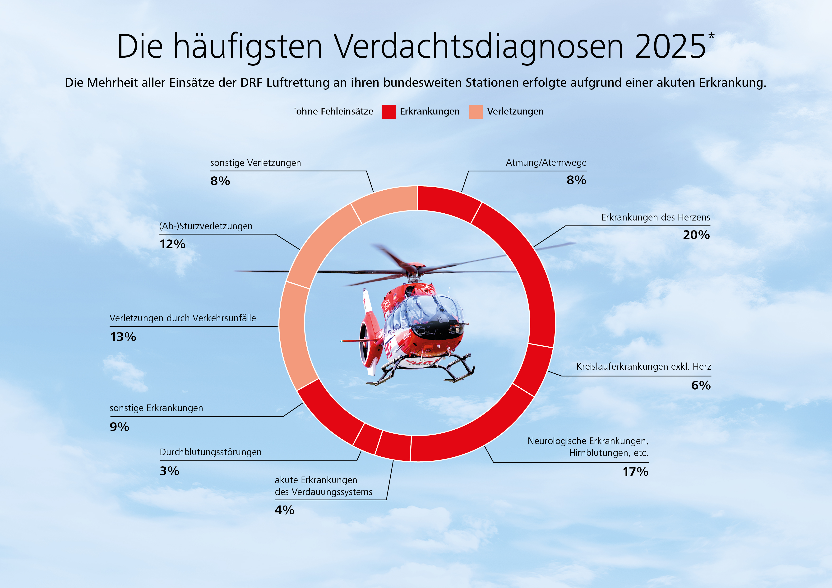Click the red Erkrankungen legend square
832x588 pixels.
point(388,112)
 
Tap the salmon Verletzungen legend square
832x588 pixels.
point(476,112)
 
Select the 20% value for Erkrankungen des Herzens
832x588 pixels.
point(696,235)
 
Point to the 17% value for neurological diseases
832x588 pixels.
point(635,472)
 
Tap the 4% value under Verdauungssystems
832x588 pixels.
point(284,510)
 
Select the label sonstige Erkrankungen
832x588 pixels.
point(156,408)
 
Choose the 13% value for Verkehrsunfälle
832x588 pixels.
point(123,337)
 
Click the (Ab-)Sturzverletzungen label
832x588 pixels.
point(206,226)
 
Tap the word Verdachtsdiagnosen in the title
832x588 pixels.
point(478,47)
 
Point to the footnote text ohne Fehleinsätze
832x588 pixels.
point(334,112)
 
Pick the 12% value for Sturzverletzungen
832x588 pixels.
point(172,244)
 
